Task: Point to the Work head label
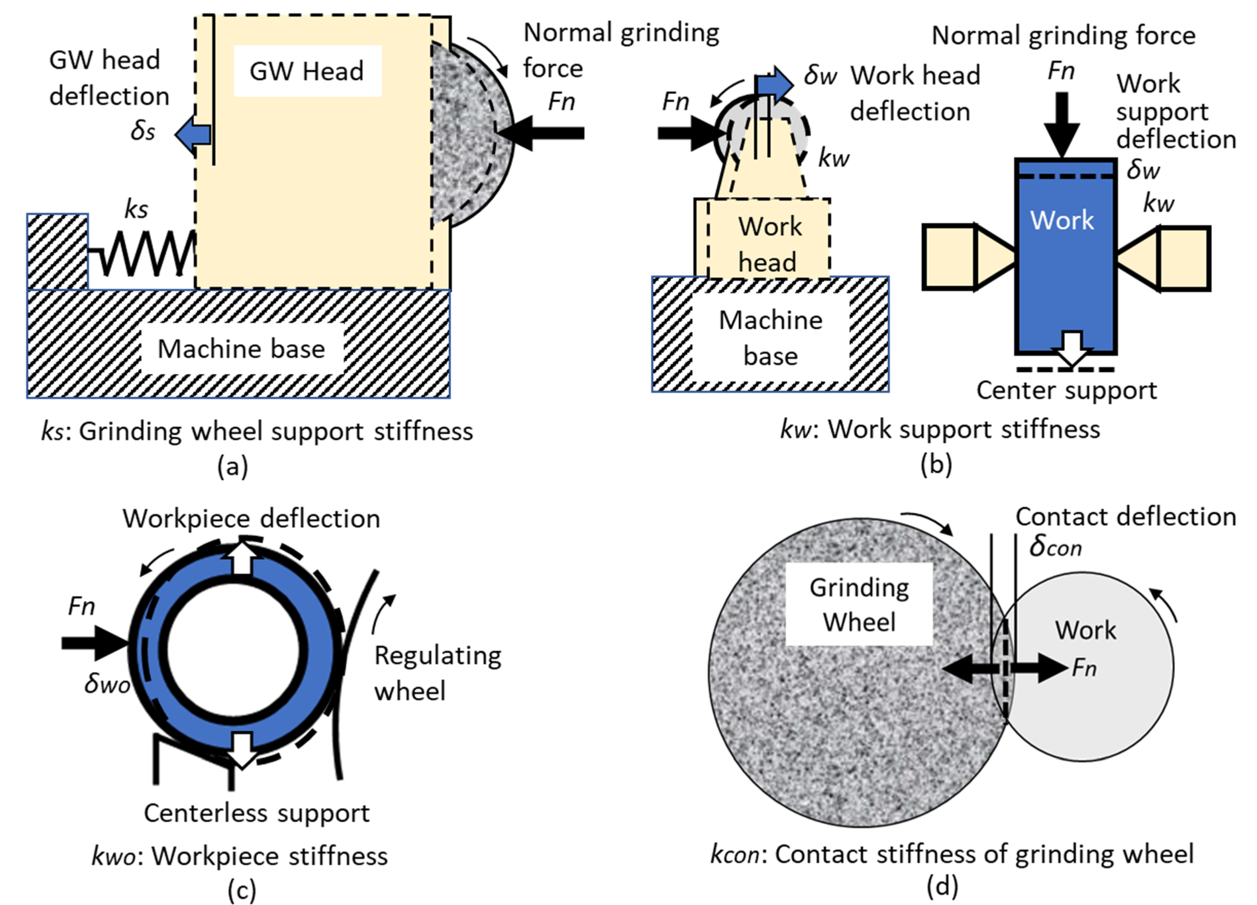tap(769, 244)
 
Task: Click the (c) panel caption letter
tap(242, 891)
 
